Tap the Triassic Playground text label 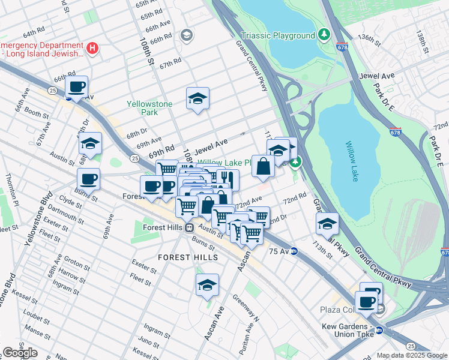tap(277, 35)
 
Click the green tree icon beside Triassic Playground tap(324, 35)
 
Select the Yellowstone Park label tap(149, 108)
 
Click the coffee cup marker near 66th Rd tap(77, 87)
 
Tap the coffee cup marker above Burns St tap(88, 179)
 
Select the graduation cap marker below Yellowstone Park tap(197, 99)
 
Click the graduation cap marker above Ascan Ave tap(207, 285)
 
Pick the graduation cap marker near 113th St tap(327, 224)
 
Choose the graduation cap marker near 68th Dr tap(91, 143)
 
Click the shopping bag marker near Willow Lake tap(263, 166)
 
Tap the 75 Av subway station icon tap(294, 251)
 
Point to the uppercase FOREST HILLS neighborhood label tap(179, 257)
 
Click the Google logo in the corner tap(20, 352)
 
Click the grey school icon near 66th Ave tap(186, 35)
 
